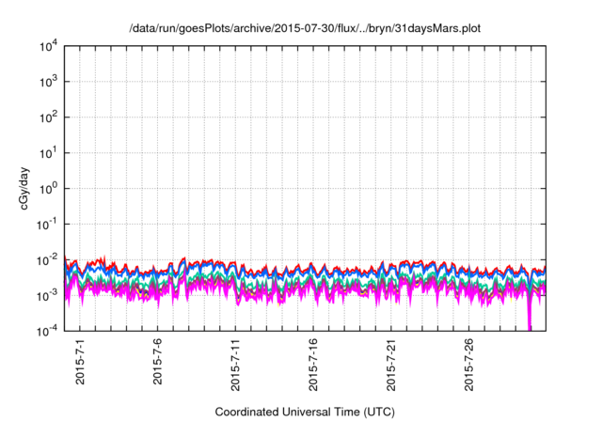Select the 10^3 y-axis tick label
click(49, 82)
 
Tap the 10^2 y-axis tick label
click(49, 117)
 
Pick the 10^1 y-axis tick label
click(49, 152)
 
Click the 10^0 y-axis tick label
click(49, 188)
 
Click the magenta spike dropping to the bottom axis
click(530, 320)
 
